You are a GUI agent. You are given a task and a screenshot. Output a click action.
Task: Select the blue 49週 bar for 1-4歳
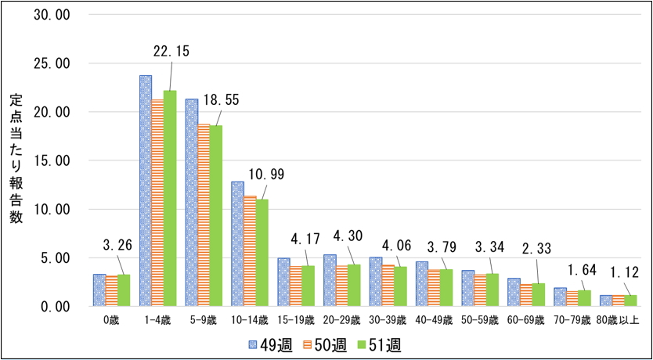click(145, 191)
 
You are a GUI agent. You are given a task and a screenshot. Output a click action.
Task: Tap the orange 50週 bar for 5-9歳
click(204, 215)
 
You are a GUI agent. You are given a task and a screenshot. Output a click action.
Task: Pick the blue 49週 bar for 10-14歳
click(237, 243)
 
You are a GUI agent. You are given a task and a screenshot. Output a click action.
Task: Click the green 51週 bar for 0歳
click(124, 290)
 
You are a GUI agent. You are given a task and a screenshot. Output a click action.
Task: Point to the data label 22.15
click(171, 51)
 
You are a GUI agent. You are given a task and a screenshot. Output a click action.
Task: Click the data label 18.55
click(222, 100)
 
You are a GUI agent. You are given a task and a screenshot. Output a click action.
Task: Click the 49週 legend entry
click(271, 345)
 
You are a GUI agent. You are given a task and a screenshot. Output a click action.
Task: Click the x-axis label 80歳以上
click(618, 320)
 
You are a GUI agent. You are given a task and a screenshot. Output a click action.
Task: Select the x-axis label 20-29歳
click(342, 320)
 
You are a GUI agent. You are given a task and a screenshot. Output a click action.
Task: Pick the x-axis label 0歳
click(111, 320)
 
